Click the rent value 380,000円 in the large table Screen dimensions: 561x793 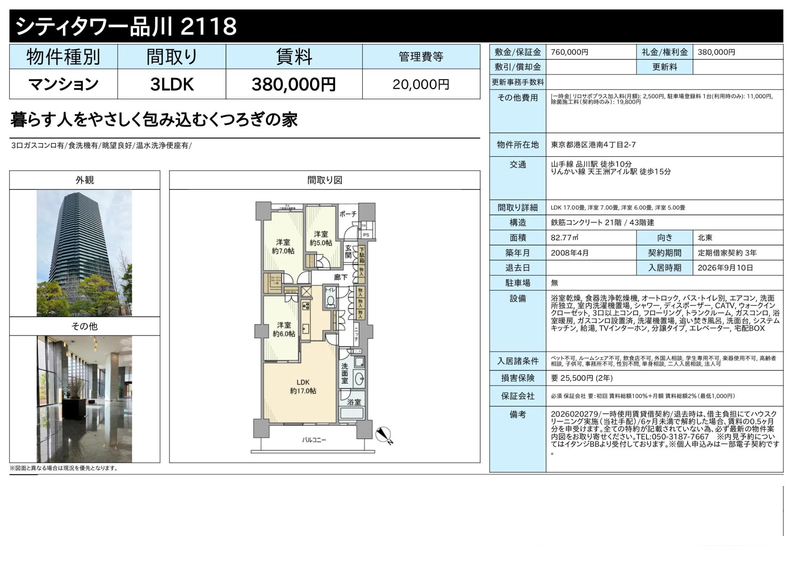[x=294, y=84]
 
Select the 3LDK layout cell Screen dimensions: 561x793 [x=172, y=84]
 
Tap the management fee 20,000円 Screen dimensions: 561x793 [x=421, y=84]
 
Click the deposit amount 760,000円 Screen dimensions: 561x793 [x=569, y=52]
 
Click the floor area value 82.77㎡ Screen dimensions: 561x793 [x=564, y=238]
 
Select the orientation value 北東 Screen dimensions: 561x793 [x=705, y=238]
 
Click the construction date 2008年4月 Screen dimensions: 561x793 [x=570, y=253]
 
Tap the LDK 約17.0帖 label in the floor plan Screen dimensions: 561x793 [x=303, y=387]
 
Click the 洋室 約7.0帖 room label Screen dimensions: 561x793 [x=283, y=247]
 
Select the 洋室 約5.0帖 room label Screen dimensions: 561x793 [x=321, y=238]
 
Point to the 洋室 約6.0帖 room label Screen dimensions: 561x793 [x=284, y=330]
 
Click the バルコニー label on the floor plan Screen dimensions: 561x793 [x=314, y=440]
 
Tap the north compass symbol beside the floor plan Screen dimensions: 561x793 [x=384, y=435]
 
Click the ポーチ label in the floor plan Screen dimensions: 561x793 [x=348, y=214]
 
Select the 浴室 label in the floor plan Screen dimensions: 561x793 [x=354, y=402]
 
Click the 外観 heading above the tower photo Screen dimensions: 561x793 [x=84, y=180]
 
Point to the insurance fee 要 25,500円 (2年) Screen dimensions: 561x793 [x=582, y=378]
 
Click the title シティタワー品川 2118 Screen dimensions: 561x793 [x=126, y=26]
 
